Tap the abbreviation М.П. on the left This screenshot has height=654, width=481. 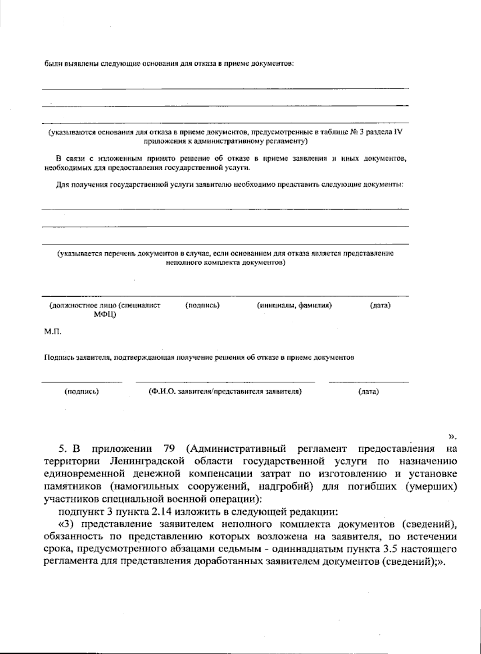point(52,332)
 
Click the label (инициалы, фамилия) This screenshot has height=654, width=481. point(294,306)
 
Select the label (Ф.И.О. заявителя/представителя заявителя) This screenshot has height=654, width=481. point(224,392)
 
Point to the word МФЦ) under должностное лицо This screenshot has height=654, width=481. point(105,315)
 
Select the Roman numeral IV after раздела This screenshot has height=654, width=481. point(398,132)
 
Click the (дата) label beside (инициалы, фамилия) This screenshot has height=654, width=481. point(380,306)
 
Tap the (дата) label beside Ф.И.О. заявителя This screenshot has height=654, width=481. point(368,392)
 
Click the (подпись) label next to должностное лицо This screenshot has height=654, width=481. point(202,306)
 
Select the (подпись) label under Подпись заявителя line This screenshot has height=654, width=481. point(82,392)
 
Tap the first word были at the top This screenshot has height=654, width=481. point(51,64)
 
